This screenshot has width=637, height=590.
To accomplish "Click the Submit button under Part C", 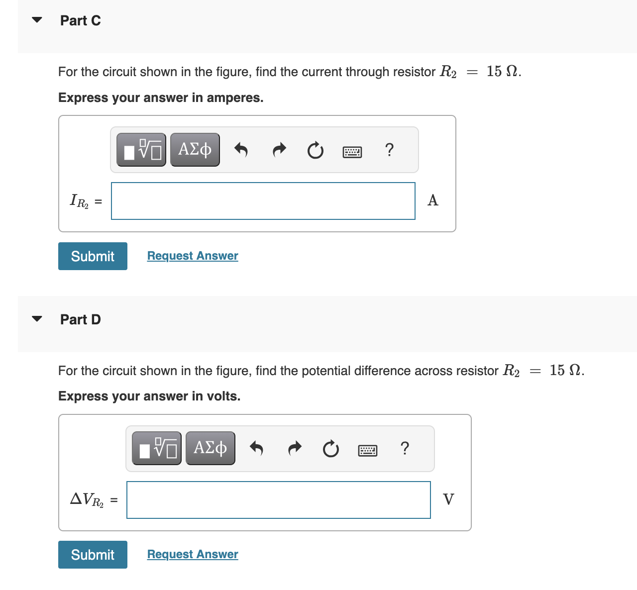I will point(93,256).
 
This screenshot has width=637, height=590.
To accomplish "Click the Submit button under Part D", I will point(93,555).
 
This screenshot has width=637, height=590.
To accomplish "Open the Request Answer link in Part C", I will point(193,256).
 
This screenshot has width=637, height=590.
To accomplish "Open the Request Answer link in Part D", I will point(193,554).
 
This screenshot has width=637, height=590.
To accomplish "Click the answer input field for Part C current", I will point(263,201).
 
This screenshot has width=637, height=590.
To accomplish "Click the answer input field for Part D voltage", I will point(278,500).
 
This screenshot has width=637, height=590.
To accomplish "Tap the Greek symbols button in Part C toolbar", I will point(195,149).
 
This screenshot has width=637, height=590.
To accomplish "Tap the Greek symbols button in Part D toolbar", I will point(211,448).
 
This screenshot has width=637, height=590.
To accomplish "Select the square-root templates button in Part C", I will point(141,149).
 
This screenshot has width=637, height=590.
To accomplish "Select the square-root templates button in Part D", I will point(157,448).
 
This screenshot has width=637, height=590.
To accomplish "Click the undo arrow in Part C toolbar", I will point(241,149).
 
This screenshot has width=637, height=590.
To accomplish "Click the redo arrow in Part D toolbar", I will point(295,448).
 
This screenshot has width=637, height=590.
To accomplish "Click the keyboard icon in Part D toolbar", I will point(368,451).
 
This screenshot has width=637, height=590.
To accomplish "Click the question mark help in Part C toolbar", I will point(389,149).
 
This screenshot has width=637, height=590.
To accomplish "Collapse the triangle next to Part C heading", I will point(37,20).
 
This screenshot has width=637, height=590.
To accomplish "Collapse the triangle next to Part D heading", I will point(37,319).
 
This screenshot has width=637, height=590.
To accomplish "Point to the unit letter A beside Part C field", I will point(433,200).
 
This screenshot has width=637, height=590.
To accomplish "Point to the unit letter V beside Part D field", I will point(448,499).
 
